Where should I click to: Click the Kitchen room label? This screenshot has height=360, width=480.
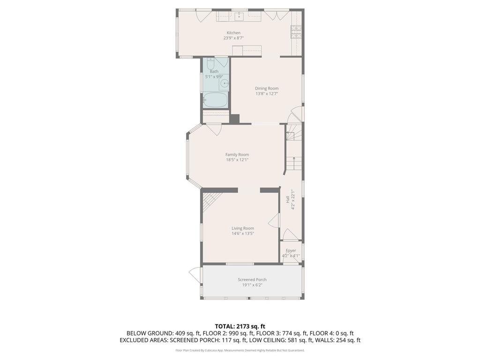pyautogui.click(x=233, y=33)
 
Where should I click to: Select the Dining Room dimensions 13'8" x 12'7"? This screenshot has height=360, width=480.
pyautogui.click(x=267, y=94)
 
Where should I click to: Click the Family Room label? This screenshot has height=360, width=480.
pyautogui.click(x=237, y=155)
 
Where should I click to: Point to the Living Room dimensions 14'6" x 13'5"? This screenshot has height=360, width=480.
pyautogui.click(x=242, y=233)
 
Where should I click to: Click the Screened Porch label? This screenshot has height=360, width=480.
pyautogui.click(x=252, y=280)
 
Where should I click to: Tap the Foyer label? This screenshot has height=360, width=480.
pyautogui.click(x=291, y=250)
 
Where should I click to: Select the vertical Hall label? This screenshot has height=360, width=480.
pyautogui.click(x=287, y=199)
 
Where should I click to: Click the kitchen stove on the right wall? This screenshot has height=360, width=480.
pyautogui.click(x=296, y=31)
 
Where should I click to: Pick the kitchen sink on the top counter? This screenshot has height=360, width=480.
pyautogui.click(x=239, y=17)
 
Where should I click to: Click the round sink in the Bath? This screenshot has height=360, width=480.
pyautogui.click(x=225, y=84)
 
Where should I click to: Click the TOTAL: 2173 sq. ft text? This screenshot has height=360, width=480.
pyautogui.click(x=240, y=326)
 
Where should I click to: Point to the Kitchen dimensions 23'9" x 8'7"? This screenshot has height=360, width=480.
pyautogui.click(x=233, y=38)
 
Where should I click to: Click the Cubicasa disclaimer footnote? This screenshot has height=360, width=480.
pyautogui.click(x=240, y=350)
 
